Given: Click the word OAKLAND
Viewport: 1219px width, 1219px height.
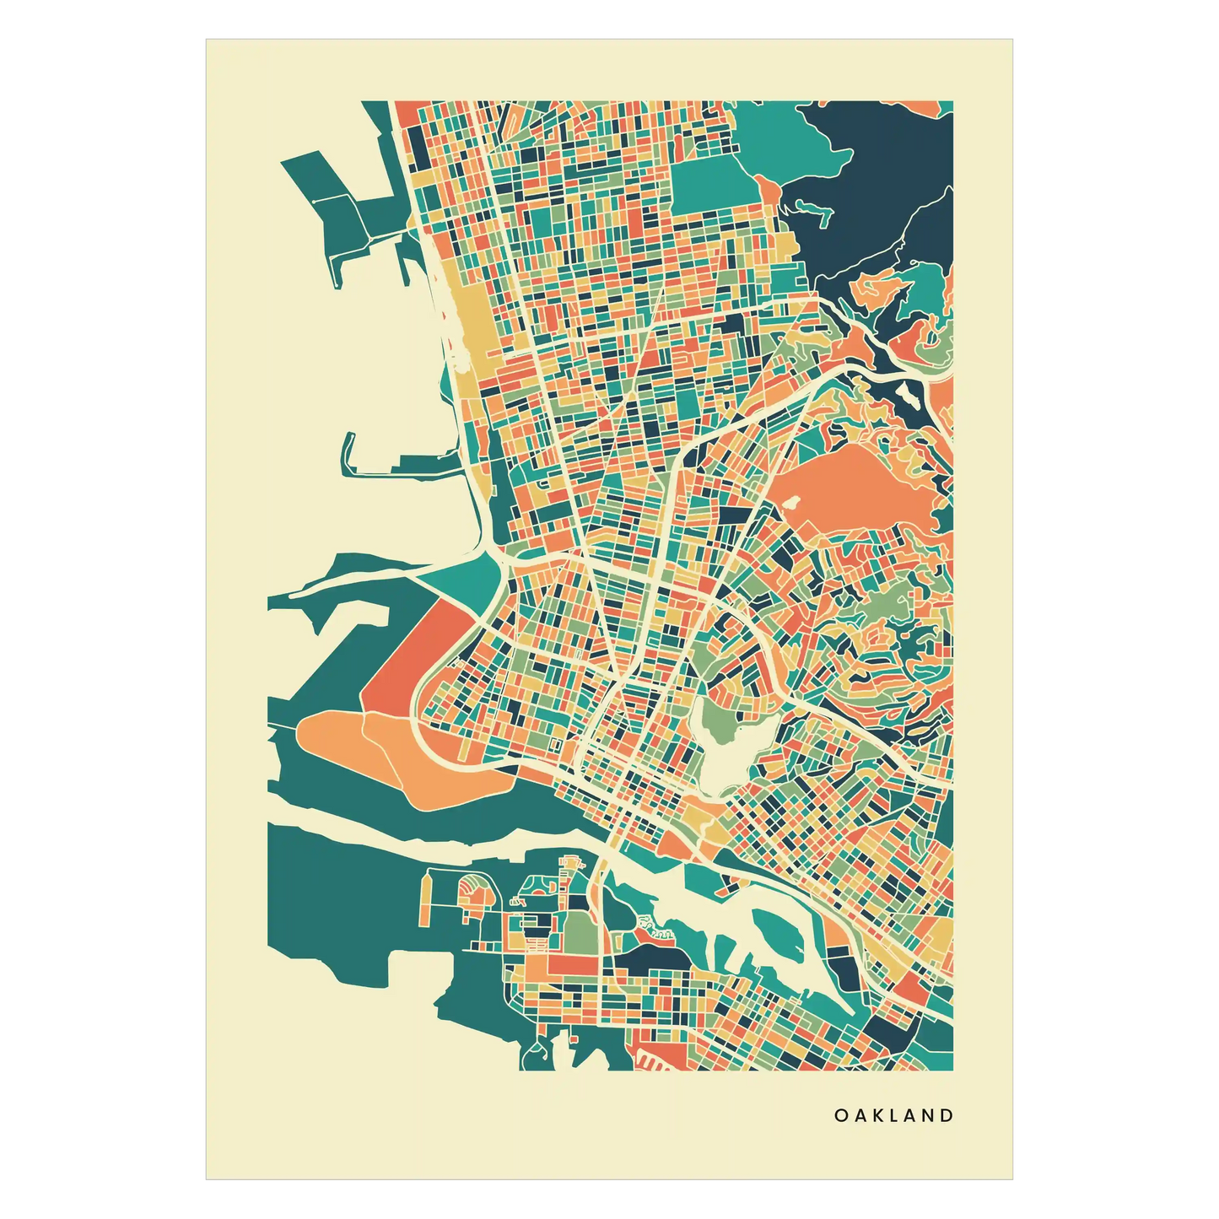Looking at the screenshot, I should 894,1115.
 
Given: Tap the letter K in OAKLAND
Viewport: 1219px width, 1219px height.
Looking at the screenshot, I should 876,1115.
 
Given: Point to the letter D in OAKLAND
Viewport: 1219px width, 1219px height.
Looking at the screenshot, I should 948,1115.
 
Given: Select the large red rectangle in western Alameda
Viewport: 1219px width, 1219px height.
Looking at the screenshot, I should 573,963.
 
